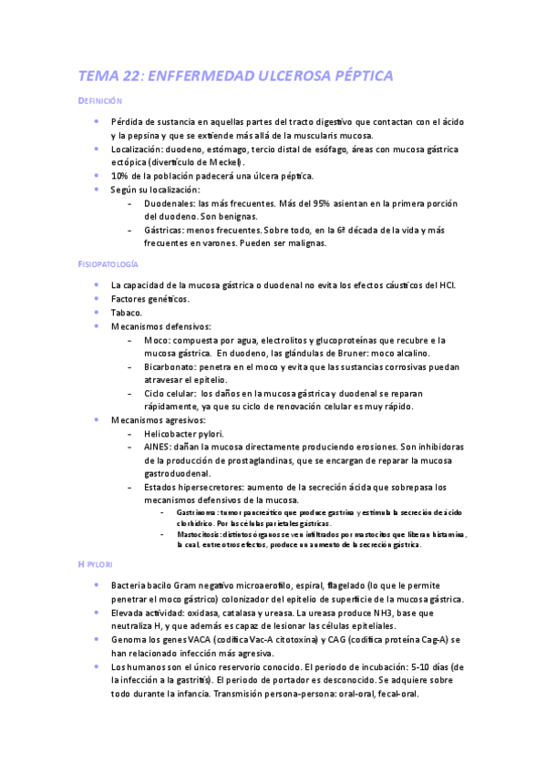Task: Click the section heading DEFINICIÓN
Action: tap(100, 101)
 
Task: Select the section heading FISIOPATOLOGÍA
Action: tap(108, 263)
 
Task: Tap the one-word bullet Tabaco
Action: tap(127, 312)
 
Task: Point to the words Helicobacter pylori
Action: tap(184, 434)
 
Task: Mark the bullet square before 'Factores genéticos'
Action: tap(97, 298)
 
